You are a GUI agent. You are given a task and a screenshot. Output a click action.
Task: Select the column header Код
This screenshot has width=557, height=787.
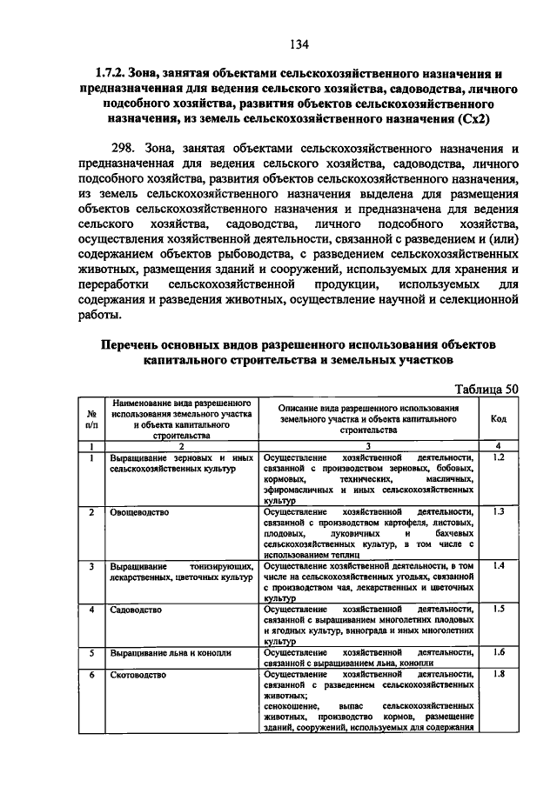pos(499,418)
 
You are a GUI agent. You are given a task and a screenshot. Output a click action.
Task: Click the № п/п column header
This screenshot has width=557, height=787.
pos(91,418)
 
